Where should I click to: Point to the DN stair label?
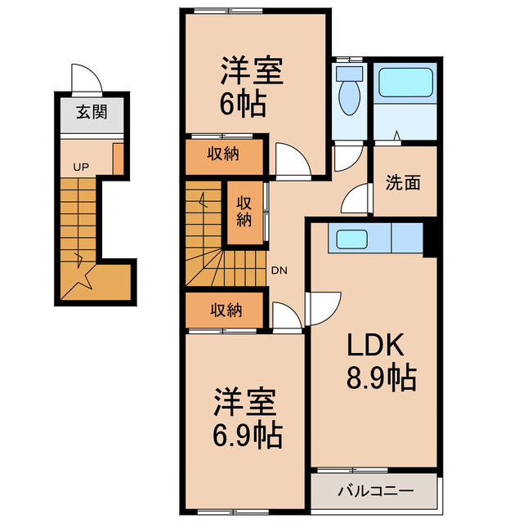coord(279,270)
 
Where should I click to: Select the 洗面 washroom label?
coord(403,183)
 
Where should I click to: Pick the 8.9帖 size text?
coord(380,379)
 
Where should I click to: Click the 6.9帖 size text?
coord(248,433)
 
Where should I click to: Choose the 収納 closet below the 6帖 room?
coord(222,154)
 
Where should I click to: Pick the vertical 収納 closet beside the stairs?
coord(244,211)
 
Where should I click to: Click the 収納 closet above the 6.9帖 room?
coord(222,310)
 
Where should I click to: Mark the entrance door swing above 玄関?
coord(86,79)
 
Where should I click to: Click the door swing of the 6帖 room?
coord(293,159)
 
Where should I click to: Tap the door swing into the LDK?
coord(324,308)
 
